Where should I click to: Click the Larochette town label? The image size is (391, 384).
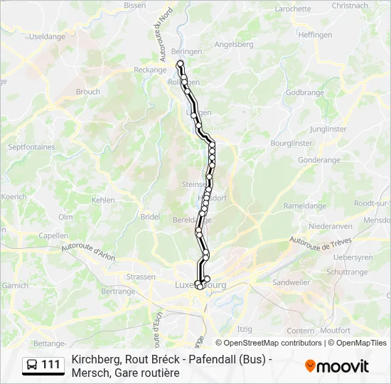point(293,9)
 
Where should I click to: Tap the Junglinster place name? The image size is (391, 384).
point(328,129)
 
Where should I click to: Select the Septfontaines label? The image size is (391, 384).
point(31,146)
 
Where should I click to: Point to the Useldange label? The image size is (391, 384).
point(47,36)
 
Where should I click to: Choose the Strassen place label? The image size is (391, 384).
point(140,277)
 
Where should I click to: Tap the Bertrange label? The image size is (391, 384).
point(118,292)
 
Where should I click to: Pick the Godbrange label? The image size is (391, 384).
point(304,92)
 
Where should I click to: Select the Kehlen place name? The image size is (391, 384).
point(103,200)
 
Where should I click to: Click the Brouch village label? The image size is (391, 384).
point(88,92)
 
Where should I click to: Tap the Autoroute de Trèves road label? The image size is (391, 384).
point(321,245)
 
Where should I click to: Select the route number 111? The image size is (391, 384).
point(51,365)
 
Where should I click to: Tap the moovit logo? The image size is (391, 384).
point(336,366)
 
